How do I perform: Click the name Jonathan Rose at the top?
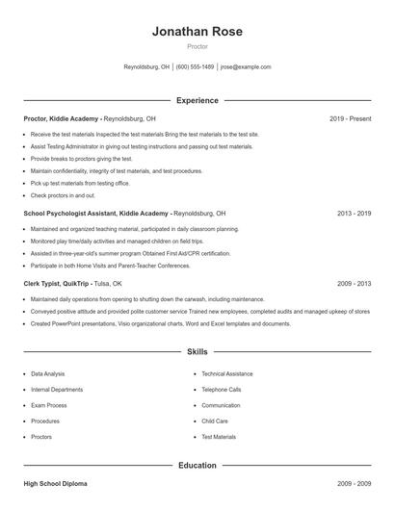[197, 32]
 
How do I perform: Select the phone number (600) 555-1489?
[195, 67]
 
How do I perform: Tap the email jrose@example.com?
[246, 67]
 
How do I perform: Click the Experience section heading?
[197, 100]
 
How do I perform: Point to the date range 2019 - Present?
[350, 118]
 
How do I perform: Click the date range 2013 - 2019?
[354, 213]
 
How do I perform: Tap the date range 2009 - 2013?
[354, 284]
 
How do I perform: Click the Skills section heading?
[197, 352]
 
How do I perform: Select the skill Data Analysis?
[48, 373]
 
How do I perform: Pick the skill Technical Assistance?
[227, 373]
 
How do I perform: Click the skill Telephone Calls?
[222, 390]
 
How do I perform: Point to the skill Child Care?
[215, 421]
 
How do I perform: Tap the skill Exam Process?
[48, 405]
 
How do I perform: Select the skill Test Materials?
[219, 437]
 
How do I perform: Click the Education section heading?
[197, 466]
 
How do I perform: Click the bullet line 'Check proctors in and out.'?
[64, 195]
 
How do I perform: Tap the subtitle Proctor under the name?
[197, 46]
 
